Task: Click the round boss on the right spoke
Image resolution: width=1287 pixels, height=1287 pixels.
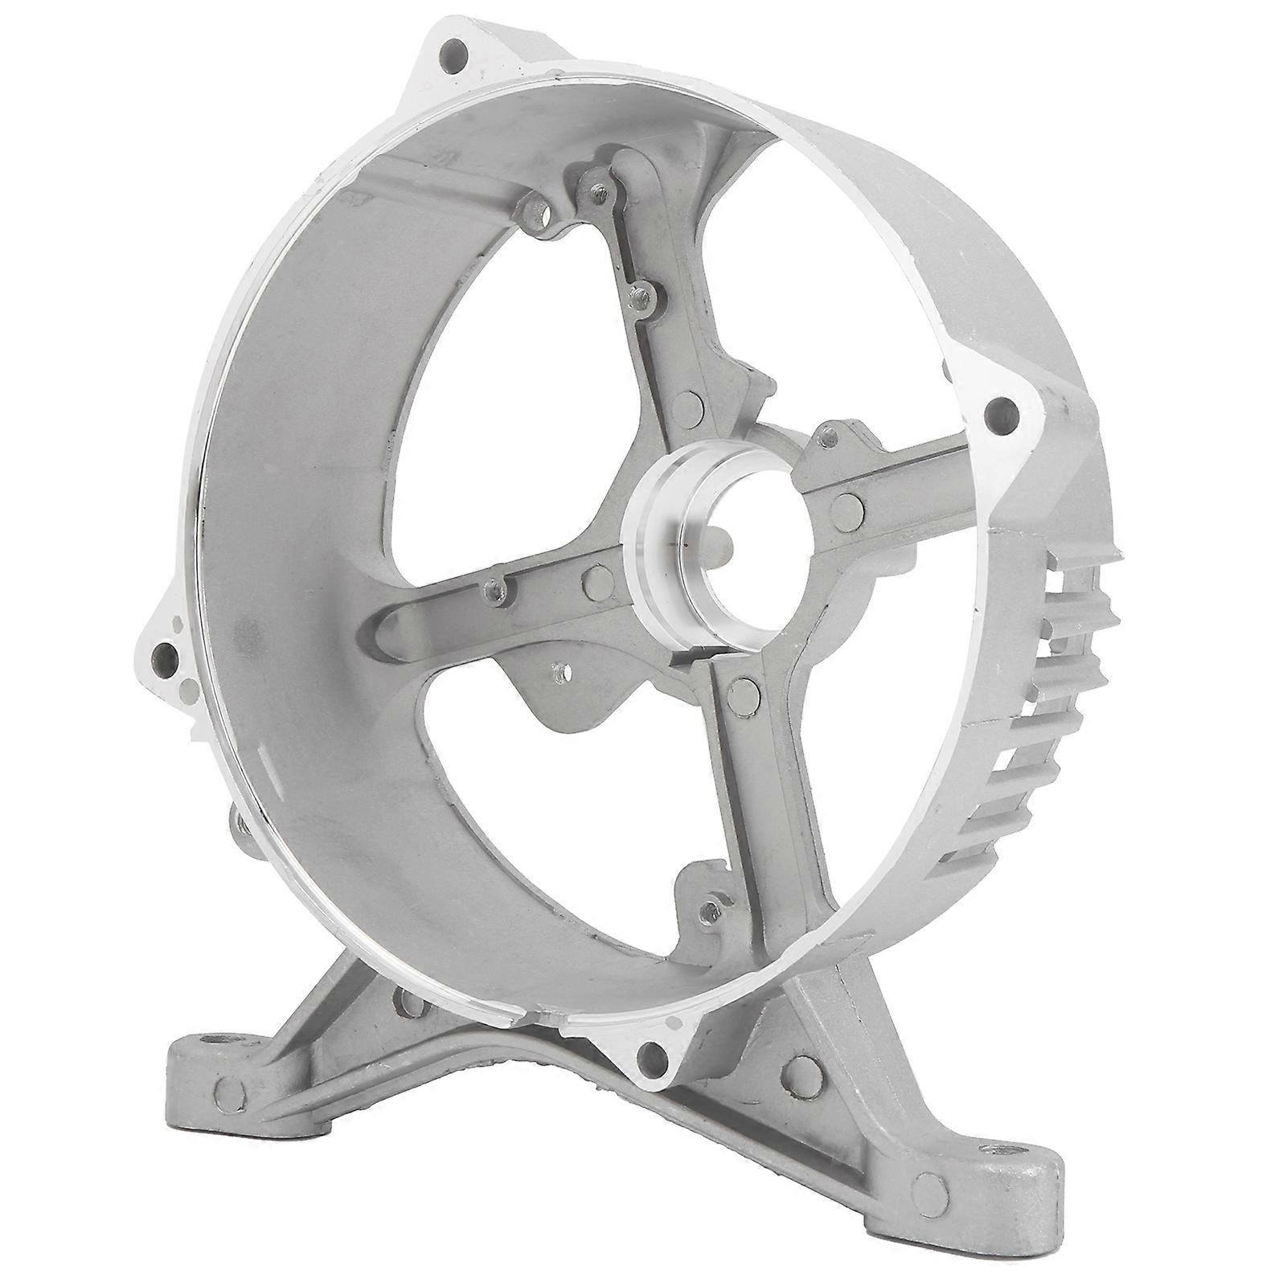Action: click(846, 505)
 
